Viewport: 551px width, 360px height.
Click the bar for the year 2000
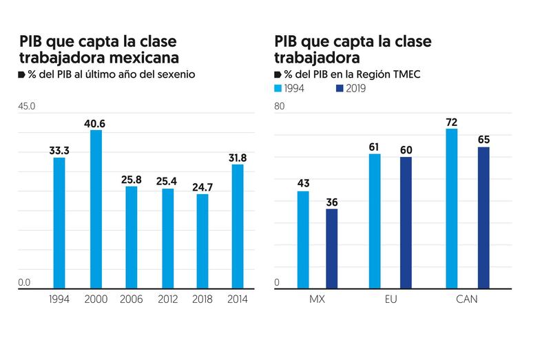point(96,209)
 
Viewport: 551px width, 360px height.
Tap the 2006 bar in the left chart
point(131,237)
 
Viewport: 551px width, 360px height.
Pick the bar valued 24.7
point(202,241)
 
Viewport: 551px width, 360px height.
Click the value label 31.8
point(238,157)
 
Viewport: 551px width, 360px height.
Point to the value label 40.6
point(96,123)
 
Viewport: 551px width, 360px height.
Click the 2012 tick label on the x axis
point(167,299)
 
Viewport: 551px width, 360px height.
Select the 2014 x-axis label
point(238,299)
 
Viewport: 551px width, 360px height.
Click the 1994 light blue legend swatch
point(279,88)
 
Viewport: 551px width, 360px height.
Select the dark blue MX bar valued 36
point(332,248)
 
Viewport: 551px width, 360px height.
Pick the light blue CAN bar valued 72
point(452,208)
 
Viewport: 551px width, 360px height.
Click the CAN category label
point(466,299)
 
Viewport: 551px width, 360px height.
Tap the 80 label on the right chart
point(280,107)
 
